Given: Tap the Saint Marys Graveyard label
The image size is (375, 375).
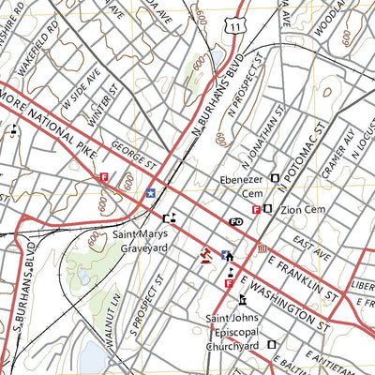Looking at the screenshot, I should pyautogui.click(x=141, y=241).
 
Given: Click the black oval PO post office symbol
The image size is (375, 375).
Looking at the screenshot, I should pyautogui.click(x=236, y=221).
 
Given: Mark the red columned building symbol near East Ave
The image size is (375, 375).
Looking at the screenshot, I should pyautogui.click(x=262, y=247).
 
